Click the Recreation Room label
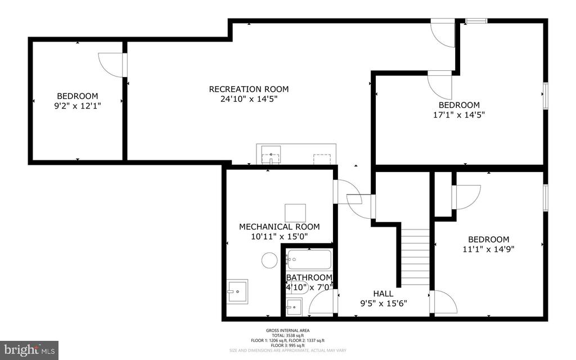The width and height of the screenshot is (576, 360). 249,89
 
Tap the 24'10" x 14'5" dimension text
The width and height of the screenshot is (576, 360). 249,99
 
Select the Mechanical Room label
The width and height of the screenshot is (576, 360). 279,227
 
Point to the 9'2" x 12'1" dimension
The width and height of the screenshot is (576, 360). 76,105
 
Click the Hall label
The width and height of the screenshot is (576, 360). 383,294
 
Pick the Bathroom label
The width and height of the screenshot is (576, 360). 309,278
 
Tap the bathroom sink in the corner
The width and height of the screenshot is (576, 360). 294,307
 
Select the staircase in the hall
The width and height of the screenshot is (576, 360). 416,256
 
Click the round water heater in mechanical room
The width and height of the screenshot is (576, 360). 269,260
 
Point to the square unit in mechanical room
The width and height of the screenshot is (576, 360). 295,213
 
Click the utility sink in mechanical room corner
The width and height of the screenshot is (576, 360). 237,291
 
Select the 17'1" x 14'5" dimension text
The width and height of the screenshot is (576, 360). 459,114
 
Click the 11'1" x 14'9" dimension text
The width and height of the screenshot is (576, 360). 488,248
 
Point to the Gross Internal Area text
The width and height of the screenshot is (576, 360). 287,331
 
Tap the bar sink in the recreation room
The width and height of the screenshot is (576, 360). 271,154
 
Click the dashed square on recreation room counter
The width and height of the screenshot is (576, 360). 322,158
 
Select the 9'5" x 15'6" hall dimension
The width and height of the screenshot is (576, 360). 383,303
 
